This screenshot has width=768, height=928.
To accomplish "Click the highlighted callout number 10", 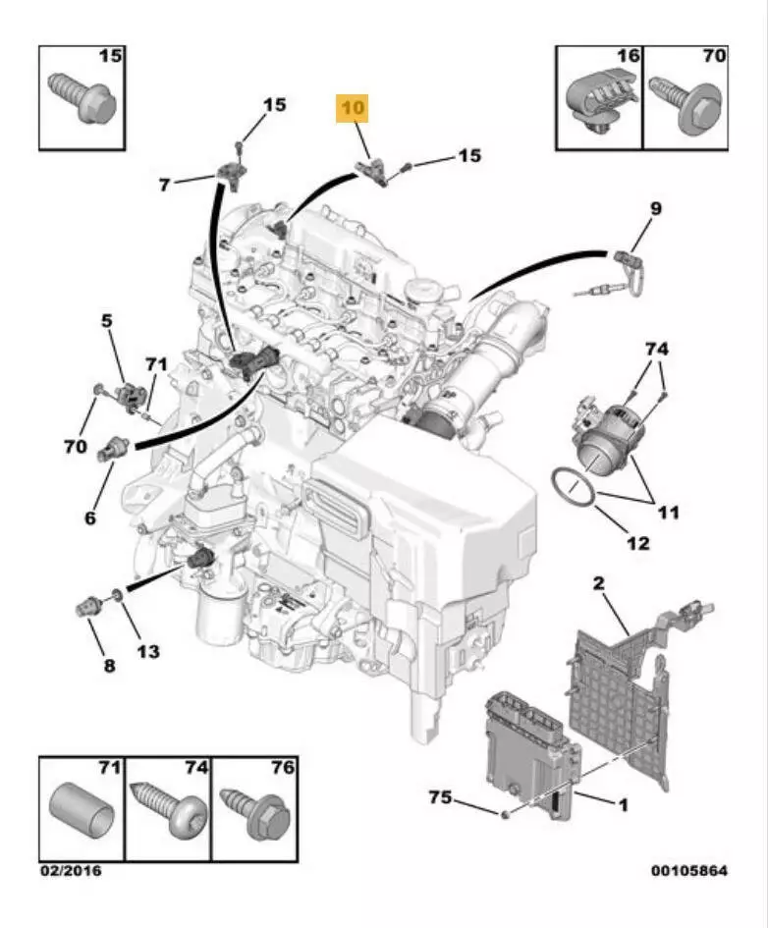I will pos(353,108).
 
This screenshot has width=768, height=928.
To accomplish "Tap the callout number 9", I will pos(656,208).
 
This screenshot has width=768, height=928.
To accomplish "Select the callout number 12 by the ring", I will pos(637,542).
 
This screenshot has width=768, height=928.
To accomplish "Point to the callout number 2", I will pos(598,584).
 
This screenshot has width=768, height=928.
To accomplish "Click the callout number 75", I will pos(440,797).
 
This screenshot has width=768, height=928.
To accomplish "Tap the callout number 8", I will pos(109,665).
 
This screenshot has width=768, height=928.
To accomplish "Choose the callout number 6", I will pos(90,518).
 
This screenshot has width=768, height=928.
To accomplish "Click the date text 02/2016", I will pos(70,870).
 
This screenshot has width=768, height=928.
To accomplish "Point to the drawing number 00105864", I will pos(689,870).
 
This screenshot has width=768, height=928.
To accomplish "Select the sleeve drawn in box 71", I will pos(80,810).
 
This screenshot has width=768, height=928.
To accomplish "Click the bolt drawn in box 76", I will pos(252,808).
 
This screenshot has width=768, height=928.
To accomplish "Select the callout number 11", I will pos(668,512).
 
